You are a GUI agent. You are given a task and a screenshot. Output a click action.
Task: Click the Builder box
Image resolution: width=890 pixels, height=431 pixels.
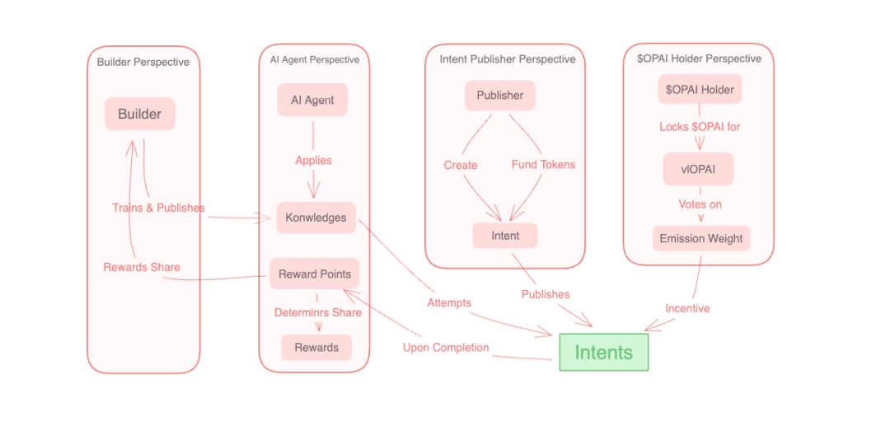pos(139,114)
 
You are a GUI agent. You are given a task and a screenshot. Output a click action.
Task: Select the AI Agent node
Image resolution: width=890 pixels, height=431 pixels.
pos(312,100)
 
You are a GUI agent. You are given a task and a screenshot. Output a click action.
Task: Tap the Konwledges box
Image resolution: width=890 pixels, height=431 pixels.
pos(316,218)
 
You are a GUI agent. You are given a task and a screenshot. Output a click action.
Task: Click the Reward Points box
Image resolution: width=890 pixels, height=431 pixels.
pos(314,274)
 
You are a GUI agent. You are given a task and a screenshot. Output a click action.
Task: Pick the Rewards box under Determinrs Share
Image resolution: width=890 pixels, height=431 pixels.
pos(316,347)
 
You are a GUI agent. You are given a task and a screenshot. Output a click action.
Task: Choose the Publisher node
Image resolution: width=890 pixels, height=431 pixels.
pos(499,95)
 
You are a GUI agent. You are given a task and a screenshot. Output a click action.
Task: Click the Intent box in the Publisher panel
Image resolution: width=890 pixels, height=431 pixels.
pos(505,236)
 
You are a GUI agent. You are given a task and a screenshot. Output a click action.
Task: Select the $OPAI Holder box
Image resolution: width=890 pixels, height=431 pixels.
pos(700,89)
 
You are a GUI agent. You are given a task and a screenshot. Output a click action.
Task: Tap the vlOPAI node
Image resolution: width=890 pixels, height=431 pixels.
pos(698,169)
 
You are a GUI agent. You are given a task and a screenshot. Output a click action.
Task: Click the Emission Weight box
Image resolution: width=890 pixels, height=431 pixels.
pos(701,238)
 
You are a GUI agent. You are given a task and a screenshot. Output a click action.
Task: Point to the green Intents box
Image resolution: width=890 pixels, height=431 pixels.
pos(603,352)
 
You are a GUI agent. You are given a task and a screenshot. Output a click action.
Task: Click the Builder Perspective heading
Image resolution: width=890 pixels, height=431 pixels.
pos(143,62)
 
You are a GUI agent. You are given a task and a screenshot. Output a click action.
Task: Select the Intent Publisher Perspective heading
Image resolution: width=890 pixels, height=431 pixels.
pos(508,59)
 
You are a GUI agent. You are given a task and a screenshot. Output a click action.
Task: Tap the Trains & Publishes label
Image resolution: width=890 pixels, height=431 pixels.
pos(158,208)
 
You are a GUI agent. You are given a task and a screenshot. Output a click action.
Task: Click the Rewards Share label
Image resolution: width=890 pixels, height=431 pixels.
pos(142,267)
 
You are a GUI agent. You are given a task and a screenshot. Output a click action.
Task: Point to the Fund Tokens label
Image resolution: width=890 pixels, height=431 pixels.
pos(543,165)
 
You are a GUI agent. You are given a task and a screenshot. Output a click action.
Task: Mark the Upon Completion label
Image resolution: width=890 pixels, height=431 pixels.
pos(446,347)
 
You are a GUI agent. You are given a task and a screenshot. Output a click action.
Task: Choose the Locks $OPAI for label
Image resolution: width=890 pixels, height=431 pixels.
pos(700,127)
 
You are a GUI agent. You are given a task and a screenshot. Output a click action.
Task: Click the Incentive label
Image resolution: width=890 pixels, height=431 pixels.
pos(687,308)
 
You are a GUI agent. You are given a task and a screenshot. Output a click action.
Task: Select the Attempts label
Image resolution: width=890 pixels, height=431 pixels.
pos(449,302)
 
